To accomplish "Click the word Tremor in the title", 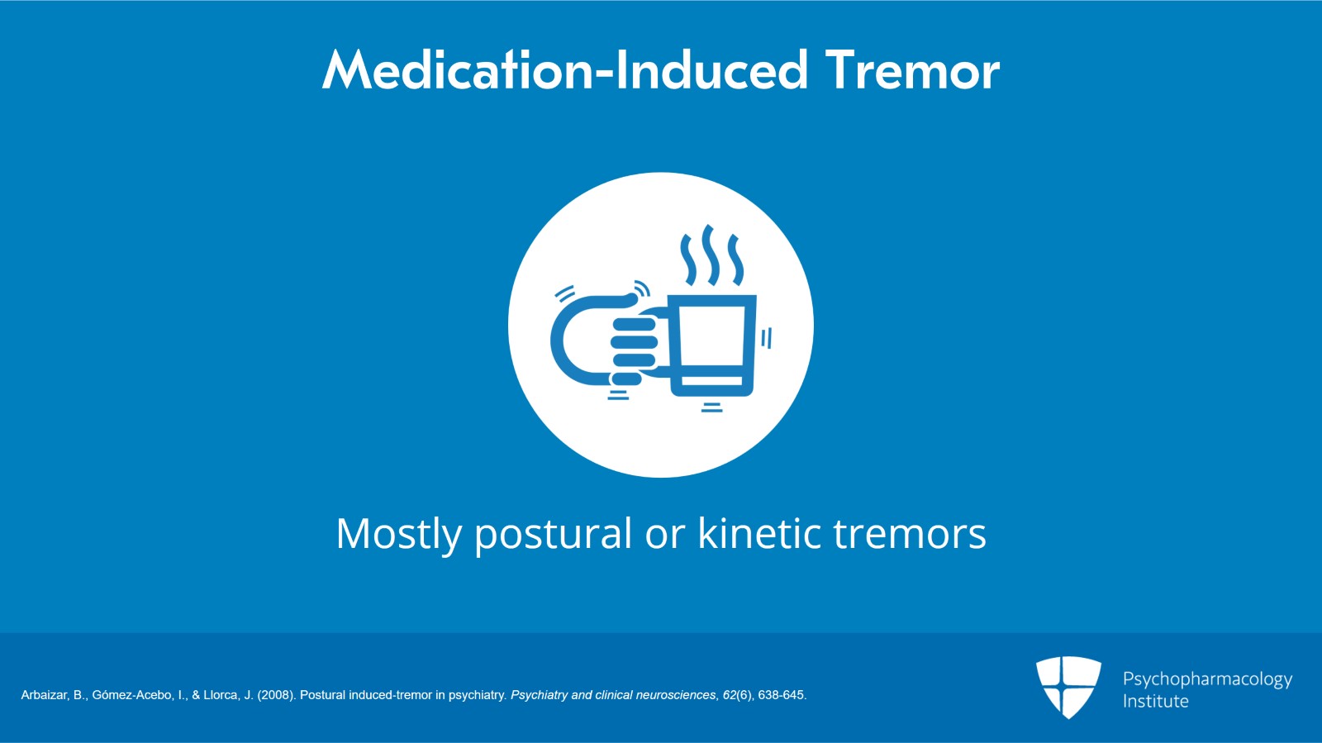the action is pyautogui.click(x=912, y=71).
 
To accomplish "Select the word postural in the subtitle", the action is pyautogui.click(x=554, y=534).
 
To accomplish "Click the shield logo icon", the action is pyautogui.click(x=1068, y=687).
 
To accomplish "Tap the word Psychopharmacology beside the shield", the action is pyautogui.click(x=1207, y=680).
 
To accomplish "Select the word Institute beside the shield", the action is pyautogui.click(x=1156, y=701).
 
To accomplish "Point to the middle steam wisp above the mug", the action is pyautogui.click(x=711, y=255).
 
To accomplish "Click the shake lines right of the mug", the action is pyautogui.click(x=766, y=338).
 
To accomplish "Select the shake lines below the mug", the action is pyautogui.click(x=711, y=407).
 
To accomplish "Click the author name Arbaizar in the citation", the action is pyautogui.click(x=45, y=695).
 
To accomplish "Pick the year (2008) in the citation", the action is pyautogui.click(x=276, y=695).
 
